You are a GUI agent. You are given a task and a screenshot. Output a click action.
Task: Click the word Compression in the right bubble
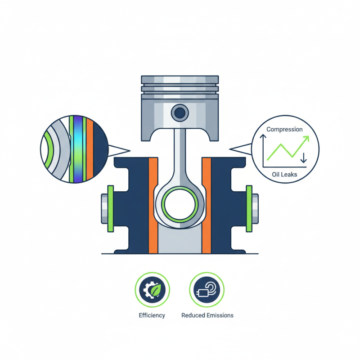tap(284, 130)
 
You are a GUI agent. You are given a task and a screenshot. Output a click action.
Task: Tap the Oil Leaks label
tap(284, 175)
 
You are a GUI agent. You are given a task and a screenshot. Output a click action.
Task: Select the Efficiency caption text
tap(152, 315)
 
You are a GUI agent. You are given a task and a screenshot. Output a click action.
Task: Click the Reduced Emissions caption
tap(207, 315)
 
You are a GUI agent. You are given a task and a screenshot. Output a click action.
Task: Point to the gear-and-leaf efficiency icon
tap(152, 290)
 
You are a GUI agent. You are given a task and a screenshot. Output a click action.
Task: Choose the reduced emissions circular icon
tap(207, 290)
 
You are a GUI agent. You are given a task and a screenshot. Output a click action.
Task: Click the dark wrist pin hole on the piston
tap(180, 113)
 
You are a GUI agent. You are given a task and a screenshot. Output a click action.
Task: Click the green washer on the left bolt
tap(111, 208)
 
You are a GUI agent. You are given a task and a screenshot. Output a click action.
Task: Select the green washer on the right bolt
tap(249, 208)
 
